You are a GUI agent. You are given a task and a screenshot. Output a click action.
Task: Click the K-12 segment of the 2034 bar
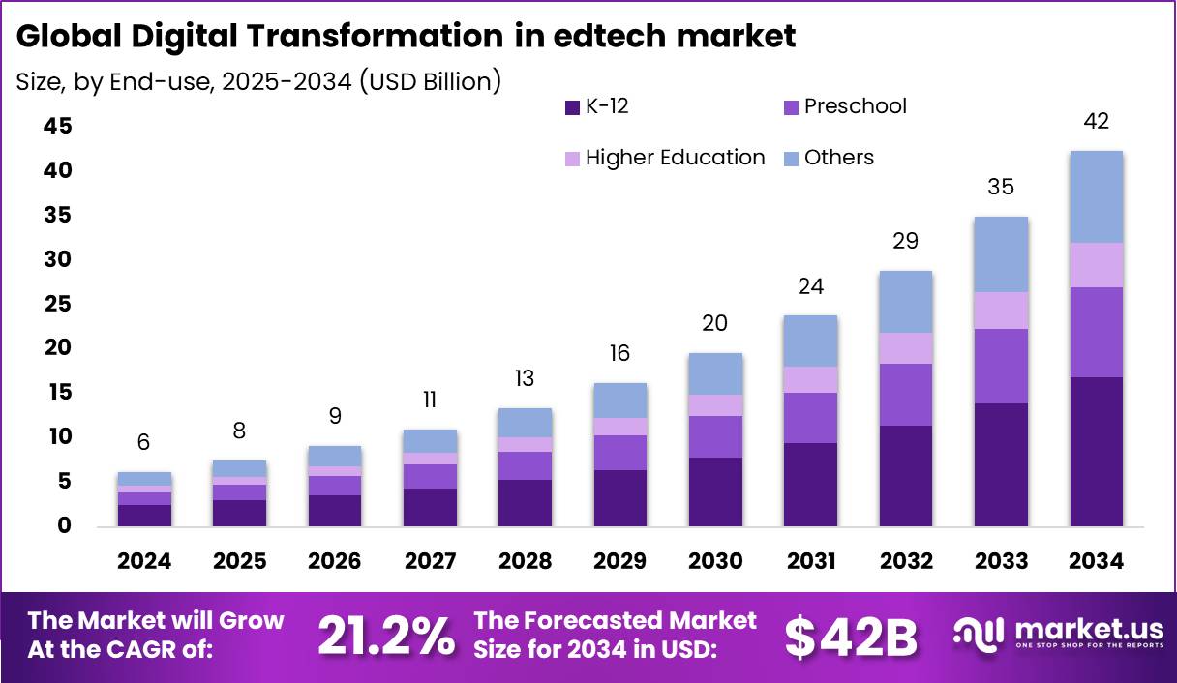pyautogui.click(x=1096, y=451)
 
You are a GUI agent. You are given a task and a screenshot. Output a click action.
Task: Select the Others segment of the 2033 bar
pyautogui.click(x=1001, y=254)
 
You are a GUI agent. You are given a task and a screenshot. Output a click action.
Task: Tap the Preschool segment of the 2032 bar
pyautogui.click(x=905, y=395)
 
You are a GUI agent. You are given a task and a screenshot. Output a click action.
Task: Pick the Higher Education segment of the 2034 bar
pyautogui.click(x=1096, y=265)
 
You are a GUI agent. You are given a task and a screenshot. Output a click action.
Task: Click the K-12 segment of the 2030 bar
pyautogui.click(x=714, y=491)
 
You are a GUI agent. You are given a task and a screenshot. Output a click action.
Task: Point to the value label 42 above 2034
pyautogui.click(x=1096, y=122)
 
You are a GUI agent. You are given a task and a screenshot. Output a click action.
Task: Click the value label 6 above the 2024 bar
pyautogui.click(x=143, y=442)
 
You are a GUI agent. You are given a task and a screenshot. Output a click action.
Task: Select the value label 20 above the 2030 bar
pyautogui.click(x=714, y=323)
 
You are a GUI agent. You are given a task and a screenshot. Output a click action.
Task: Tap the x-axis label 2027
pyautogui.click(x=430, y=562)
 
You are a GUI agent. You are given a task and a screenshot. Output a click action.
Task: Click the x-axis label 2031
pyautogui.click(x=810, y=562)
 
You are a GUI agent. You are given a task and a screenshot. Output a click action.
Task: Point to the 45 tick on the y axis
pyautogui.click(x=57, y=127)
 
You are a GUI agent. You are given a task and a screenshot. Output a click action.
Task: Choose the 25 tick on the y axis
pyautogui.click(x=57, y=304)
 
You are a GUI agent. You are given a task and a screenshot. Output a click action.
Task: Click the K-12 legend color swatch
pyautogui.click(x=571, y=107)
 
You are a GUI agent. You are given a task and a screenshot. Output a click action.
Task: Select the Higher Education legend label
pyautogui.click(x=675, y=158)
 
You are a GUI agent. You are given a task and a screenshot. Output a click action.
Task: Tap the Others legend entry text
pyautogui.click(x=838, y=158)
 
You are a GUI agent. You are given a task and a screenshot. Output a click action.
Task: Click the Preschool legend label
pyautogui.click(x=855, y=106)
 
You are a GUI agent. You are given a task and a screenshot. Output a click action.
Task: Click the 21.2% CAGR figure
pyautogui.click(x=385, y=635)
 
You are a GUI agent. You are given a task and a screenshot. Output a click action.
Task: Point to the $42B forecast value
pyautogui.click(x=850, y=636)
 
